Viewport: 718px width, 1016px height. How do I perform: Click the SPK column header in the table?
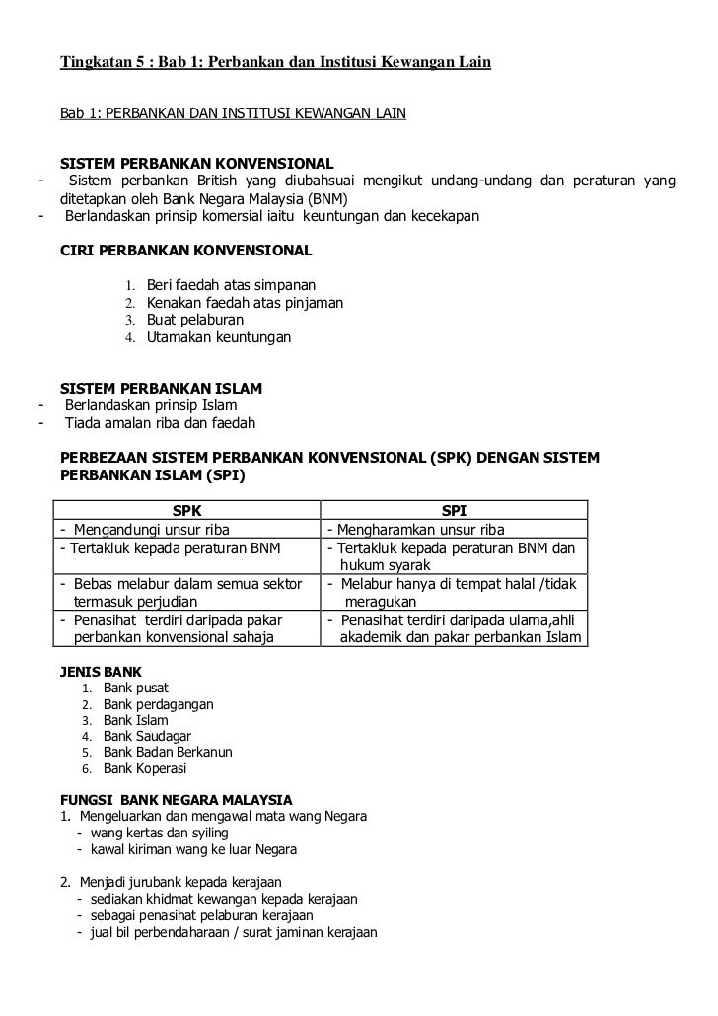186,510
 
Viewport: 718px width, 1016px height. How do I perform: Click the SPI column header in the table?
454,510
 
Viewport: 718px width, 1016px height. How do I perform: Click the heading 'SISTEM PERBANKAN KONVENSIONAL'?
197,162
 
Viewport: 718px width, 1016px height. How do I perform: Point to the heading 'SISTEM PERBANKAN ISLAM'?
162,387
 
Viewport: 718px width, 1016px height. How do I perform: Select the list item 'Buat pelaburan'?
195,320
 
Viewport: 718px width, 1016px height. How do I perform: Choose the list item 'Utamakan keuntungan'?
219,337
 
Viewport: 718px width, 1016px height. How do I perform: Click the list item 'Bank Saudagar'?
148,736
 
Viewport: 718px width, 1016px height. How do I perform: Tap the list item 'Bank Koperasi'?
145,769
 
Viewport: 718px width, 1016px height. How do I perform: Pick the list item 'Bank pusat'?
136,688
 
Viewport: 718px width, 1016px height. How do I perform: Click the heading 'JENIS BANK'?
102,671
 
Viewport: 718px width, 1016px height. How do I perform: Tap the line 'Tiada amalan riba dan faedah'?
160,423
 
